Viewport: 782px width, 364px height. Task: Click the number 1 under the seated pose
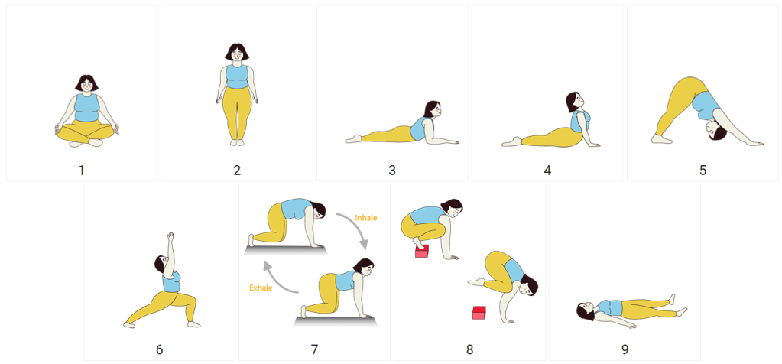pos(81,171)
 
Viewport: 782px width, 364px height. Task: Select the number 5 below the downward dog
pos(703,171)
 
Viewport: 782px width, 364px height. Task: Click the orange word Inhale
pos(366,218)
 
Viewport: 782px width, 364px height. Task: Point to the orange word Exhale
pos(261,288)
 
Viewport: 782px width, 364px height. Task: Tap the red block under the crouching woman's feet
pos(422,252)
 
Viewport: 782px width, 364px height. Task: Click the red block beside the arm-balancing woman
pos(479,313)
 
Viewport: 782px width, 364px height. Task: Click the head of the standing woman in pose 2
pos(237,53)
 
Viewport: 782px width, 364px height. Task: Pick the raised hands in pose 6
pos(170,236)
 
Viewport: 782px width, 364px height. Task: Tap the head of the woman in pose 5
pos(716,132)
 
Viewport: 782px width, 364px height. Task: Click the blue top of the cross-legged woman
pos(87,108)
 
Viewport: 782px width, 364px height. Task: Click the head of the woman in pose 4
pos(573,102)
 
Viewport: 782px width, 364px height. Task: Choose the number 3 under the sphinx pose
pos(392,171)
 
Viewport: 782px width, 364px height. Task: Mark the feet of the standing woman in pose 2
pos(237,142)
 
